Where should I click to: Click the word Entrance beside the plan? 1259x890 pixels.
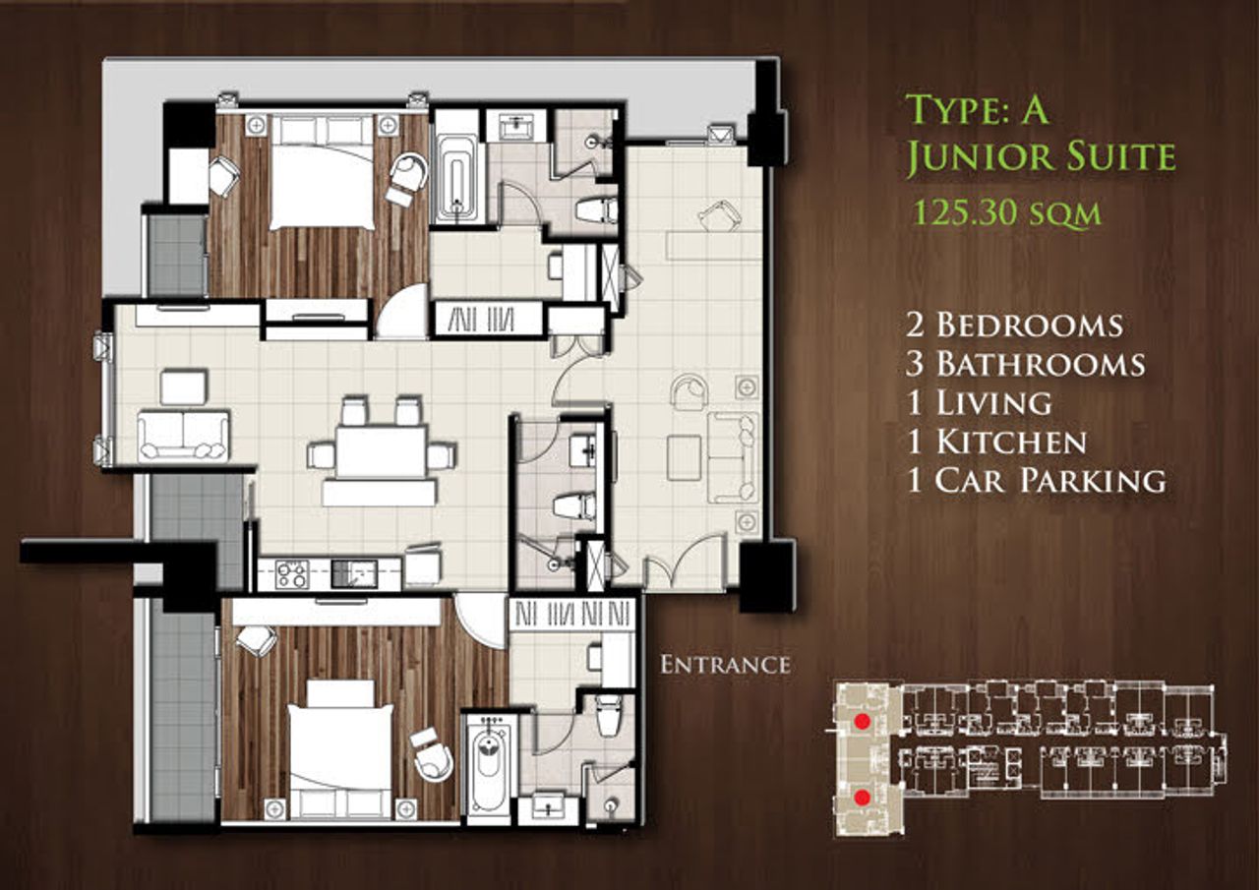pos(725,665)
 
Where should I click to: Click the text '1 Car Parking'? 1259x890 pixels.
pos(1036,480)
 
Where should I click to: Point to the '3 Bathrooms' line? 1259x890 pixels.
pos(1026,364)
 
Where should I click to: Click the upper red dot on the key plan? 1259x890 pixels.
pos(861,722)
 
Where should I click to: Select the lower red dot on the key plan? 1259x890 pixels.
pos(861,798)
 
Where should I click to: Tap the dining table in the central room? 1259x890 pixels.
pos(382,452)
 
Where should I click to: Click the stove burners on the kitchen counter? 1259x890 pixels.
pos(292,574)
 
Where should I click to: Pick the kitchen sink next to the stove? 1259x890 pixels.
pos(354,574)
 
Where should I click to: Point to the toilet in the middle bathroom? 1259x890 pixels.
pos(573,505)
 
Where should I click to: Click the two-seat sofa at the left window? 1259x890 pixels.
pos(183,436)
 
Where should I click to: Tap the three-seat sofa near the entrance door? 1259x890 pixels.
pos(733,457)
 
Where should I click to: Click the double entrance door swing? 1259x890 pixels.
pos(685,560)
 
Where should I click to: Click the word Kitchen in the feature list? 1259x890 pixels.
pos(1010,442)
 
